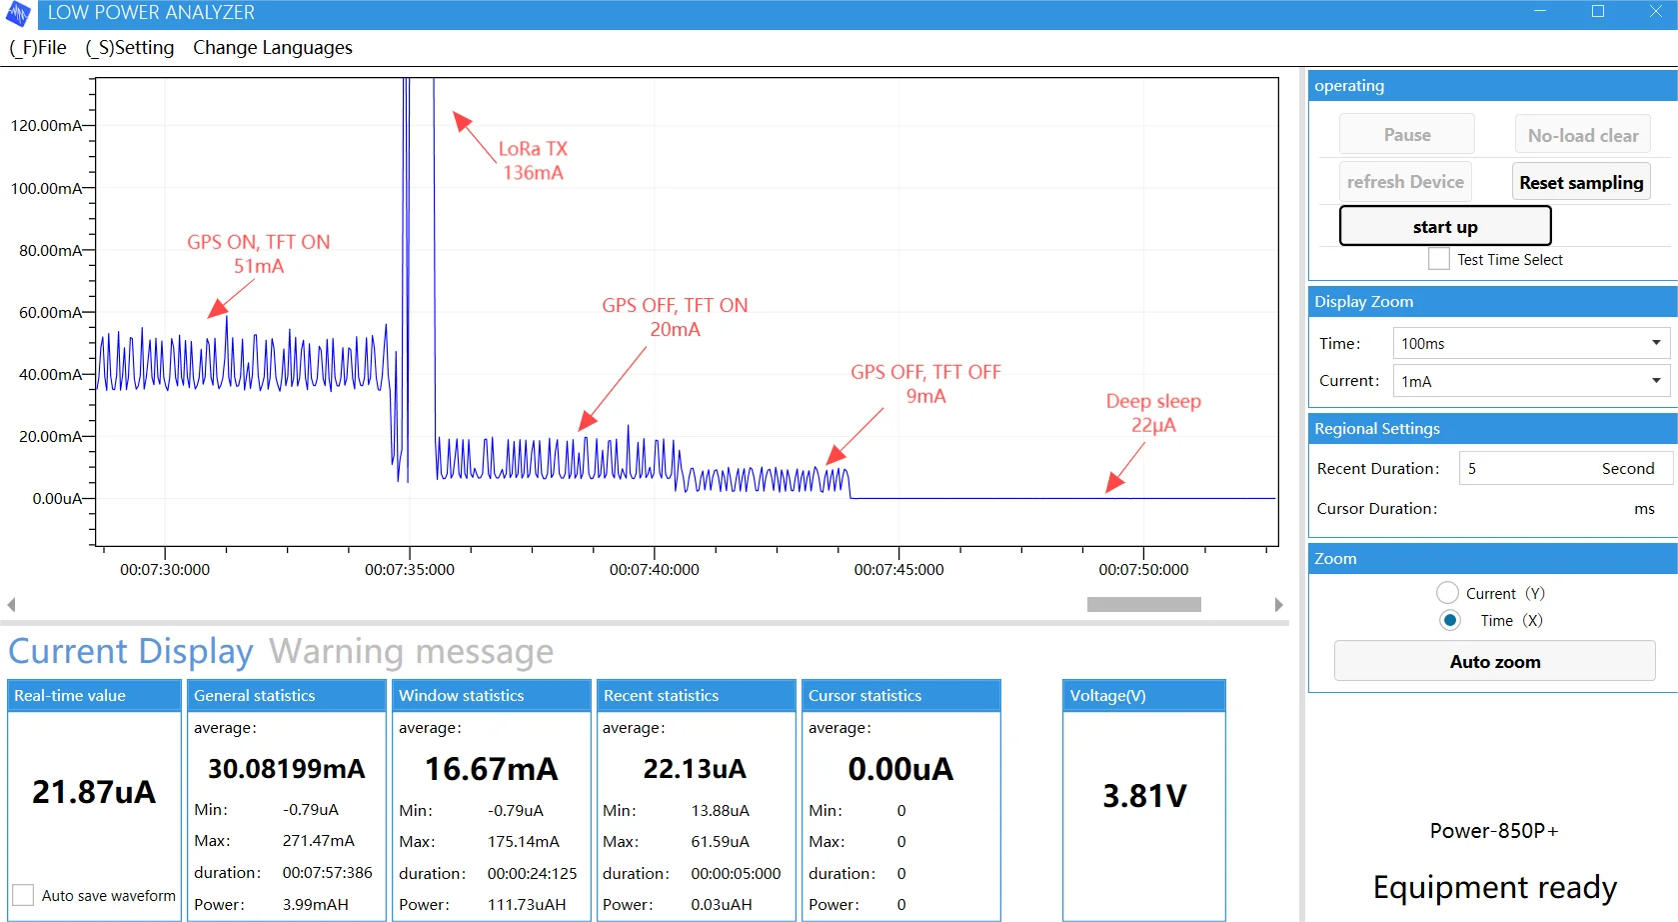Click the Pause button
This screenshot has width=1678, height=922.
[1406, 135]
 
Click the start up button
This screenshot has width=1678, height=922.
[1444, 227]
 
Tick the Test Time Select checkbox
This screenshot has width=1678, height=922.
[1439, 259]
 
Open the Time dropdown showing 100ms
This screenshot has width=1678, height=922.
[1530, 343]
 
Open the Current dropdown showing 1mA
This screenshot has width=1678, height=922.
[1530, 381]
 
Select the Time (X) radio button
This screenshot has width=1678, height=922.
[1450, 620]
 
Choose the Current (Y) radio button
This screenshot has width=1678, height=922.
[1447, 593]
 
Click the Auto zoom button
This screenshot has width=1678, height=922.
[1494, 662]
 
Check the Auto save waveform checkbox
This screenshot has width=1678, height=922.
[23, 895]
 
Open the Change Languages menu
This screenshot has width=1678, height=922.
[272, 48]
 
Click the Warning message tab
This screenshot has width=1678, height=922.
[411, 652]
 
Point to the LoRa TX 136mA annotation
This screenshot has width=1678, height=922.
[533, 161]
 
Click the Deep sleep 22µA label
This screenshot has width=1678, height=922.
[1152, 413]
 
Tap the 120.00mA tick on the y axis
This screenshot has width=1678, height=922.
[46, 126]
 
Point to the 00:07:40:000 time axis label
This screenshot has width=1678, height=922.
[654, 570]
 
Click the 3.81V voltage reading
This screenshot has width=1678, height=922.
[1144, 796]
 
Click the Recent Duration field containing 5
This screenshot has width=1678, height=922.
[1529, 468]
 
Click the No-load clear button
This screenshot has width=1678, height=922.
[1582, 135]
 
